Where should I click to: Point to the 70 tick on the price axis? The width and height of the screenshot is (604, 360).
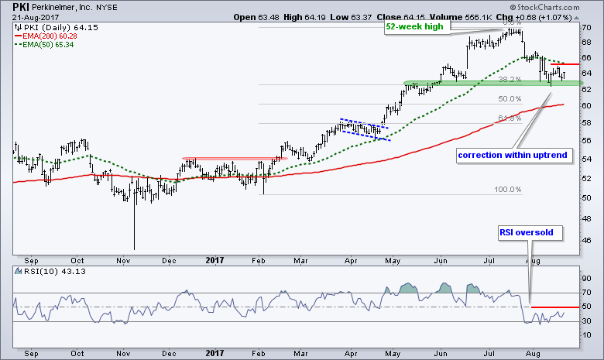point(588,26)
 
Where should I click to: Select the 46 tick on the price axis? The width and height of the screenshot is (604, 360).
point(588,241)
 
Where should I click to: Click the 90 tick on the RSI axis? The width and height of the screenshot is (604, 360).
point(588,277)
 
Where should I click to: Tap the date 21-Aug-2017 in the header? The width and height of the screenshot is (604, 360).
point(29,17)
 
